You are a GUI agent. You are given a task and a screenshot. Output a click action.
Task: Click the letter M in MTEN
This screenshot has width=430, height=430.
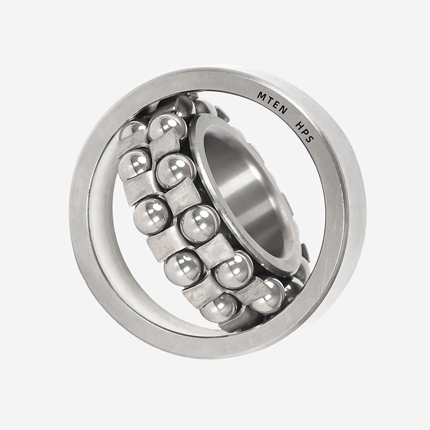click(x=262, y=96)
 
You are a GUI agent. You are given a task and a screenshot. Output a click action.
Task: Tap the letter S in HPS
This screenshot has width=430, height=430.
click(x=309, y=139)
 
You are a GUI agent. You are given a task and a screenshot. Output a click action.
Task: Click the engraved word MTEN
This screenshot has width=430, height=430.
click(x=273, y=103)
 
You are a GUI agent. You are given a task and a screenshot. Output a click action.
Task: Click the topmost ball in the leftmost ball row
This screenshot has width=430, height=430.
click(x=132, y=129)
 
